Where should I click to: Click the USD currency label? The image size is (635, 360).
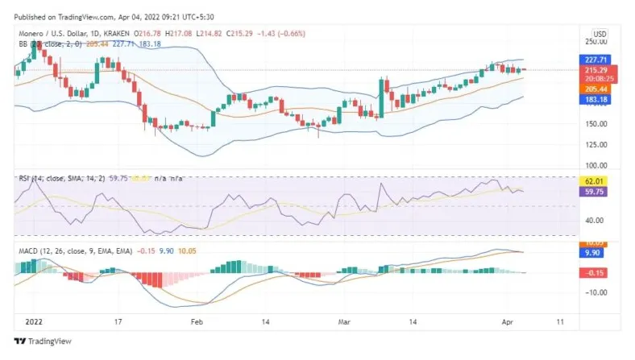point(600,33)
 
